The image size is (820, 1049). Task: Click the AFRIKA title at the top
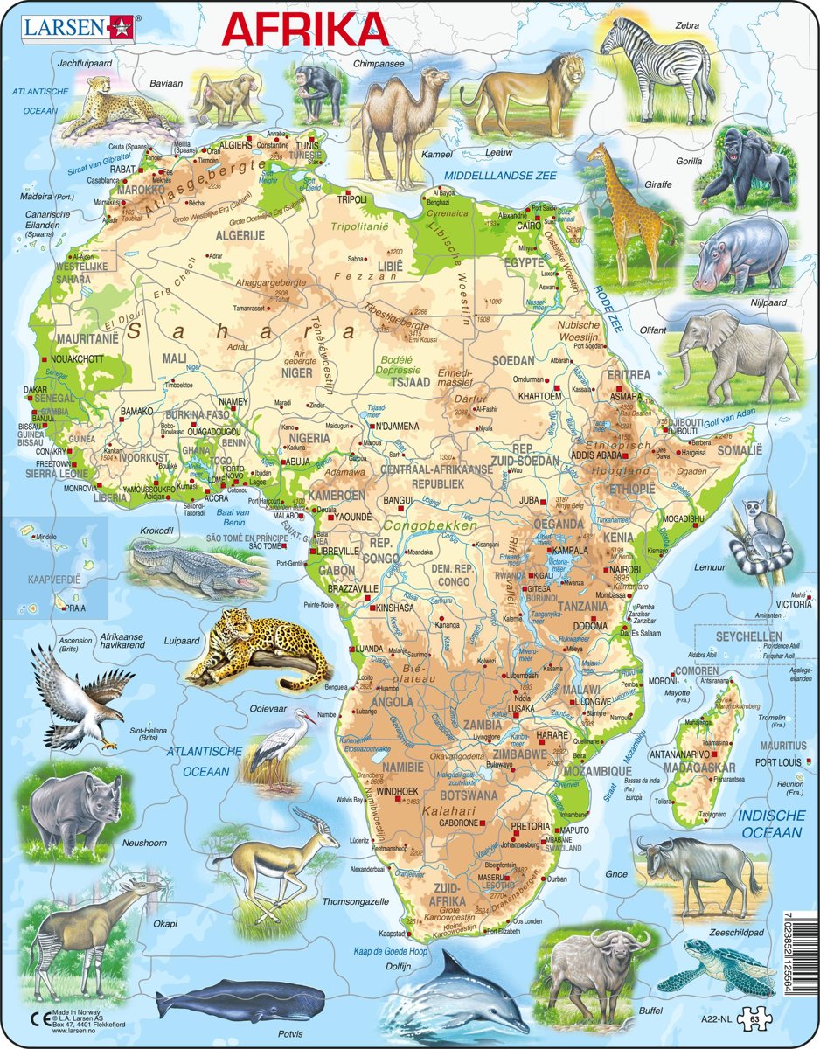pos(305,28)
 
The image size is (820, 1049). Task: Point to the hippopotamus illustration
pos(739,254)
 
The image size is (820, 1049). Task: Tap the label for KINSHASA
pos(398,607)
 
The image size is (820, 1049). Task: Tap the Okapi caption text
pos(165,899)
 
